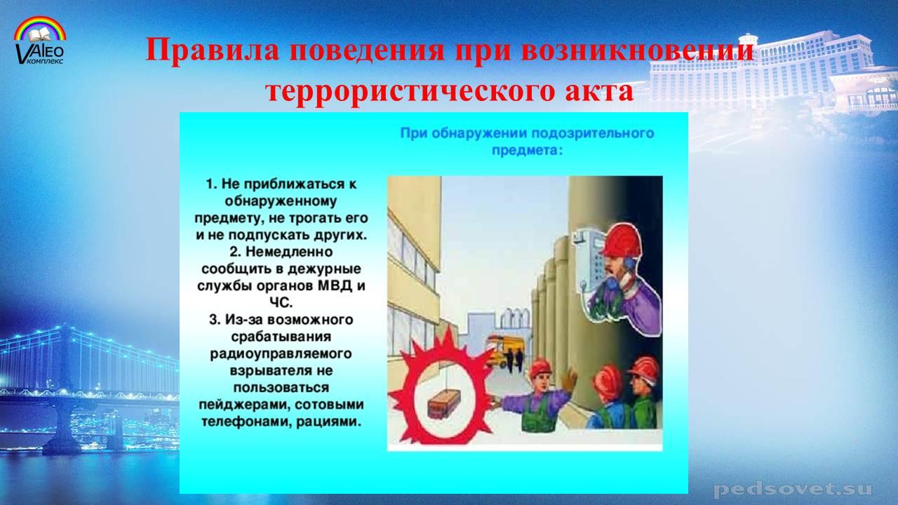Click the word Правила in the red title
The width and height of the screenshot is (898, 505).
[x=212, y=50]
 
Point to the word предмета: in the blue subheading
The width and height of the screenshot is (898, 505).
[x=527, y=151]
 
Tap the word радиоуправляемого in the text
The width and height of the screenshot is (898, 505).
[x=281, y=354]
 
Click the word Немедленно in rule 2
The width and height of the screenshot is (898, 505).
[x=289, y=252]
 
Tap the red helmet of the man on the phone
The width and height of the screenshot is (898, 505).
[x=622, y=241]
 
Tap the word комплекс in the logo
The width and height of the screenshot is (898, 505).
[x=46, y=61]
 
